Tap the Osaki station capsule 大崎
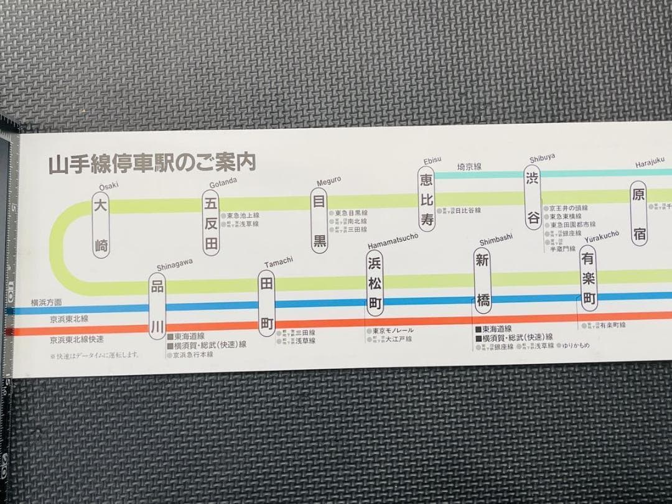coord(101,225)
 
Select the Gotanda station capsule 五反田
coord(212,222)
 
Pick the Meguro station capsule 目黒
coord(319,220)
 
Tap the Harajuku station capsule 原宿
coord(638,213)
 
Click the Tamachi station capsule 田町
coord(266,303)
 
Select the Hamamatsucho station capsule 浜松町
coord(374,283)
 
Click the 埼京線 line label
coord(469,167)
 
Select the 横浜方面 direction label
coord(47,302)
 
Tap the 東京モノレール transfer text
coord(393,330)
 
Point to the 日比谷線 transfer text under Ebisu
coord(467,211)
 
